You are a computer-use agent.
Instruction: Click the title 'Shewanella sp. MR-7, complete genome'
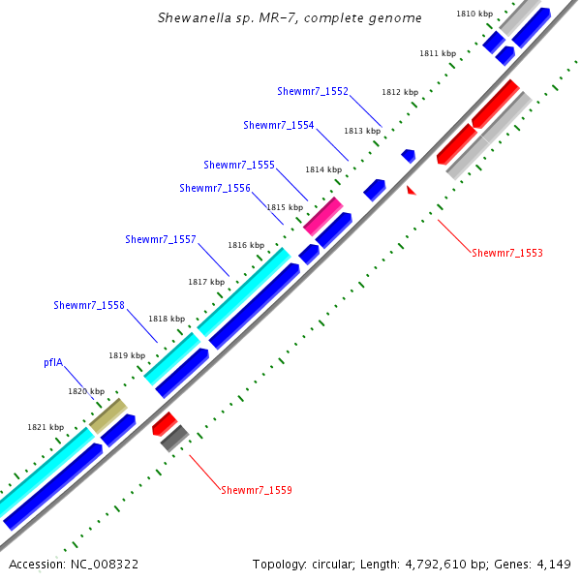click(x=290, y=18)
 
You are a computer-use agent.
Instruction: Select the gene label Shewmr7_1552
click(x=312, y=91)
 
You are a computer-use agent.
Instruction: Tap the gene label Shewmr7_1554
click(x=279, y=125)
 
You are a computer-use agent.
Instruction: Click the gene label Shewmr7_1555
click(x=239, y=165)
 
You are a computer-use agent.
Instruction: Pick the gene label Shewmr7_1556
click(x=215, y=188)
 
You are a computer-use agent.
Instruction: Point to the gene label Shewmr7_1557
click(x=161, y=239)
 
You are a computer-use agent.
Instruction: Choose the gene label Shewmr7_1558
click(x=89, y=305)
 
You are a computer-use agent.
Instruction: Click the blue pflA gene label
click(x=53, y=362)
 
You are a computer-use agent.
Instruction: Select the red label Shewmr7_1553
click(x=507, y=254)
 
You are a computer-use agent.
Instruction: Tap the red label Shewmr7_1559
click(x=257, y=490)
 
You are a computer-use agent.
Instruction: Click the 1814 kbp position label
click(x=323, y=169)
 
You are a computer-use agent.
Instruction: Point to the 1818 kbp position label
click(x=167, y=319)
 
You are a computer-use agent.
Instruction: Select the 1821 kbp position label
click(x=46, y=427)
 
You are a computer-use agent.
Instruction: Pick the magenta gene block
click(x=322, y=216)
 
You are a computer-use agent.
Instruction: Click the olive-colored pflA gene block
click(x=108, y=415)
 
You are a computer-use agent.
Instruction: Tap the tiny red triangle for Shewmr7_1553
click(x=412, y=191)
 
